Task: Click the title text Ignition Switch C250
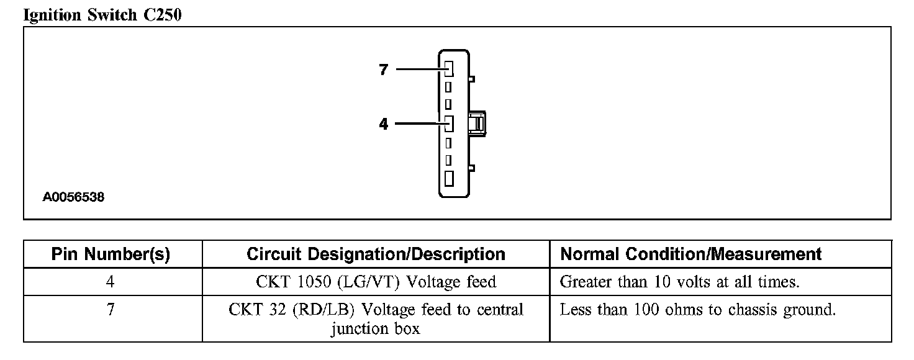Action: [x=102, y=15]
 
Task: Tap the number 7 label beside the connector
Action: [x=383, y=70]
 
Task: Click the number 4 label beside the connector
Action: [x=383, y=125]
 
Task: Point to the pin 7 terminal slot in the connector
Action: [x=449, y=68]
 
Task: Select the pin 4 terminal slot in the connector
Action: [x=449, y=123]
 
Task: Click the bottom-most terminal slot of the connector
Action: [x=449, y=178]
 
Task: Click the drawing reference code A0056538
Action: [x=73, y=198]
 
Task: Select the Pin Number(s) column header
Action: [x=111, y=254]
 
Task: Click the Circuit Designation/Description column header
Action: [x=376, y=254]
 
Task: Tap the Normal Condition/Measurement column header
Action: [x=690, y=254]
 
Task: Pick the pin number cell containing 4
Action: [x=111, y=282]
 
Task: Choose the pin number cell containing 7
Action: [x=111, y=309]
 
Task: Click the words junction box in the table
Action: [x=375, y=328]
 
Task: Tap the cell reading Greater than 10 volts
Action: [x=679, y=282]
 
